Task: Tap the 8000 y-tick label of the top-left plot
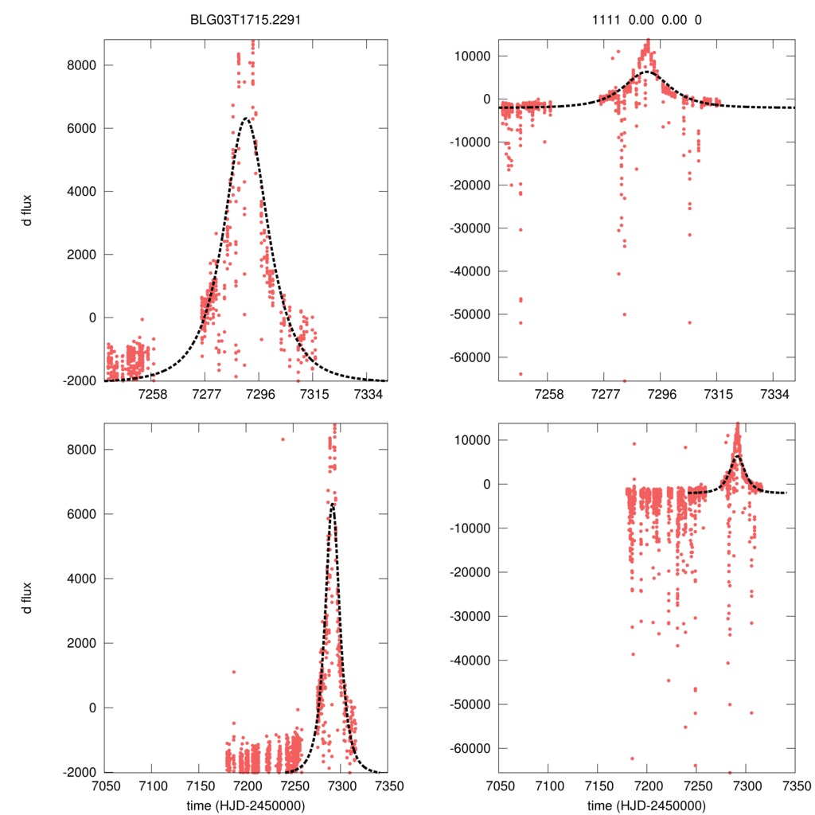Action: (80, 65)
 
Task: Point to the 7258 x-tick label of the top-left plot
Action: (152, 395)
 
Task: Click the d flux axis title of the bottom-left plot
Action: (28, 596)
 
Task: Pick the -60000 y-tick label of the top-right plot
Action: (469, 357)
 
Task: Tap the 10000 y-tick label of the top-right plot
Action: (472, 57)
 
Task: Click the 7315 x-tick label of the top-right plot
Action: (717, 395)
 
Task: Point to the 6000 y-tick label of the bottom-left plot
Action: (80, 514)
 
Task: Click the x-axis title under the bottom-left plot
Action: (246, 805)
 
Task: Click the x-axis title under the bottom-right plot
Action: (647, 805)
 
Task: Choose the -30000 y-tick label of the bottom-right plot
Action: (469, 616)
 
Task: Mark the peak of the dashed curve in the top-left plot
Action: (247, 119)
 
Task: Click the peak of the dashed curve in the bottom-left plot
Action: (333, 504)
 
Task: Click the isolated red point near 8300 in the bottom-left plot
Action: (283, 439)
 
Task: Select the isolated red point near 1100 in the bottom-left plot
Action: (234, 672)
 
